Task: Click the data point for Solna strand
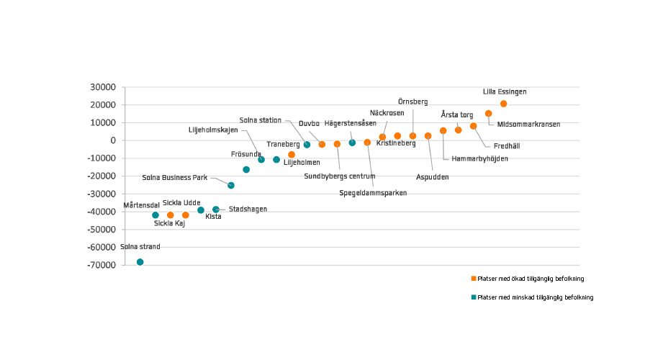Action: [140, 262]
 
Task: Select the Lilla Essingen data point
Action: [504, 104]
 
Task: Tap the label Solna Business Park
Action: [175, 177]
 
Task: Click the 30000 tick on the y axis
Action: [103, 87]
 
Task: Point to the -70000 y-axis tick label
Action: [102, 265]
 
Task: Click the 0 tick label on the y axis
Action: [114, 140]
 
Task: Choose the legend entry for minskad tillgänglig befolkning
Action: [532, 297]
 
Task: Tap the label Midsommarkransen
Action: [528, 125]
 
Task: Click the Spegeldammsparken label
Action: [374, 193]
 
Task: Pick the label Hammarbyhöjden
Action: [479, 159]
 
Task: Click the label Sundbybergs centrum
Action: [340, 176]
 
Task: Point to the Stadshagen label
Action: [248, 210]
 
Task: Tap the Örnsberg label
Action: [412, 102]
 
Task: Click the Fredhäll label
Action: [507, 146]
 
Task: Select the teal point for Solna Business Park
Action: [231, 185]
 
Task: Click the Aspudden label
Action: [433, 177]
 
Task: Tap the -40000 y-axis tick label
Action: [102, 212]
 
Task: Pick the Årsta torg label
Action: [457, 114]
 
